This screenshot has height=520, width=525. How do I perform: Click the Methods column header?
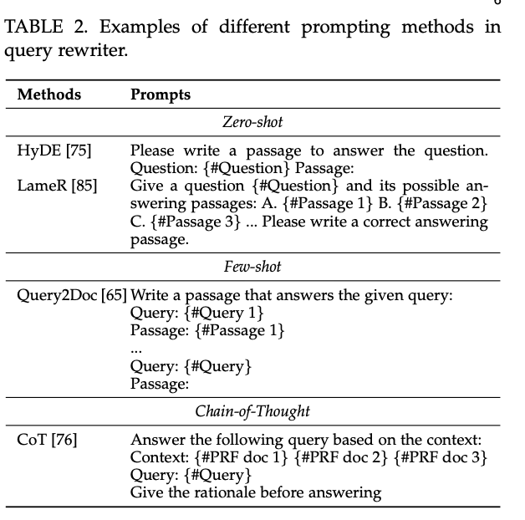click(x=49, y=94)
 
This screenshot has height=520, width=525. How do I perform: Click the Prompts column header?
click(x=161, y=94)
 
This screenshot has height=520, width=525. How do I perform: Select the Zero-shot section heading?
click(x=252, y=122)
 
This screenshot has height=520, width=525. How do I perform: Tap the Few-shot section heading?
click(x=252, y=267)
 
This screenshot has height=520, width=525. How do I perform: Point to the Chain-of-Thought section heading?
click(x=252, y=410)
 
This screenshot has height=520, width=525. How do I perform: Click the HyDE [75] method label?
click(x=54, y=151)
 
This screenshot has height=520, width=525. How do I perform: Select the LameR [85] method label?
click(x=57, y=186)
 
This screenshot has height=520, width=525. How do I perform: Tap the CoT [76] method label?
click(x=47, y=440)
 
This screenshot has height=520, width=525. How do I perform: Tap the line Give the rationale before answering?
click(x=256, y=492)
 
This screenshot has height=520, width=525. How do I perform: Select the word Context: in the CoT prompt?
click(x=160, y=458)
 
